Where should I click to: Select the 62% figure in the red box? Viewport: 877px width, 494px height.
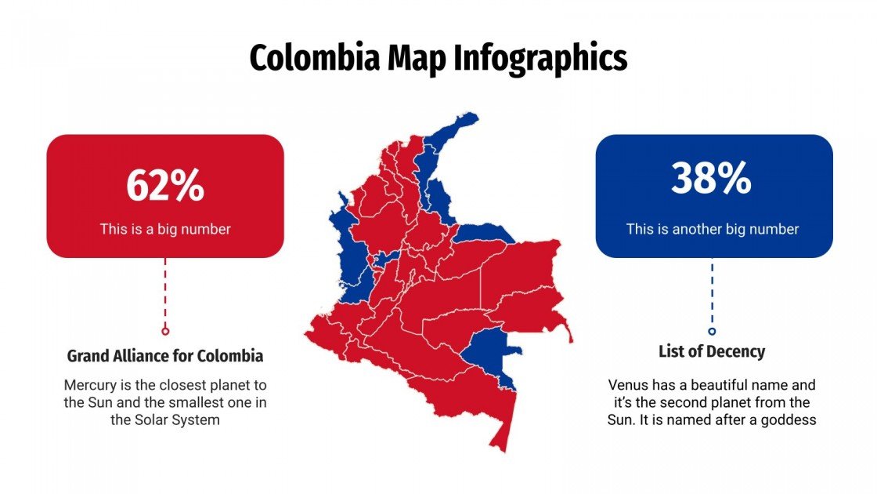(x=165, y=186)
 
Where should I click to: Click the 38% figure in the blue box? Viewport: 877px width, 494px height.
(x=712, y=179)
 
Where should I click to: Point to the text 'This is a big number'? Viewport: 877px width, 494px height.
(x=165, y=229)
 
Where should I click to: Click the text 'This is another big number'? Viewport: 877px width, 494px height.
(x=713, y=229)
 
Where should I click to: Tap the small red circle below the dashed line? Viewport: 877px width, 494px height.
(x=165, y=331)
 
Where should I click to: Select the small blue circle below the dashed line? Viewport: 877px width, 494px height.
(x=712, y=331)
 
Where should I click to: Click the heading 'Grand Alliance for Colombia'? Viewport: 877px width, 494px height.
(x=165, y=356)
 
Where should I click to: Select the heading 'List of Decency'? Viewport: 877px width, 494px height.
(x=712, y=351)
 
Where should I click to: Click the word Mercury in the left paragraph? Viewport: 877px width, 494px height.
(x=90, y=386)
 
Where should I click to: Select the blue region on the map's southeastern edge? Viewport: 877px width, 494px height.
(x=487, y=349)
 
